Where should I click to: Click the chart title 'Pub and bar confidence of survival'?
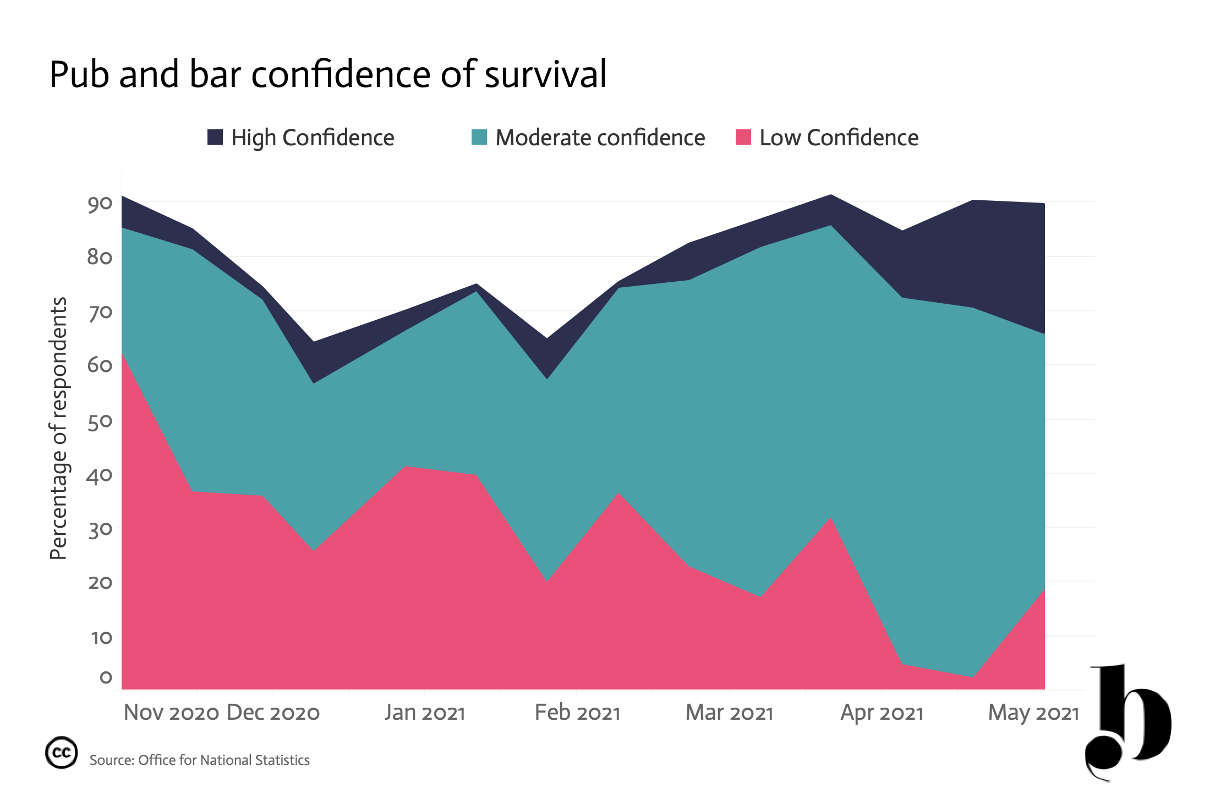[x=328, y=74]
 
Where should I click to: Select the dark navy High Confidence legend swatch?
[x=215, y=137]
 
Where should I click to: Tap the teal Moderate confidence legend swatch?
[x=479, y=137]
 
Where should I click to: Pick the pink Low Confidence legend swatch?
[x=743, y=137]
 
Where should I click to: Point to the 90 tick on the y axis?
[x=100, y=204]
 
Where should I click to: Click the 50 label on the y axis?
[x=100, y=422]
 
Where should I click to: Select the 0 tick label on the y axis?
[x=106, y=677]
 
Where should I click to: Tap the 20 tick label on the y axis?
[x=100, y=582]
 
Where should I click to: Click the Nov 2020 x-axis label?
[x=172, y=713]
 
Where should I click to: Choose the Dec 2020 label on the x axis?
[x=273, y=713]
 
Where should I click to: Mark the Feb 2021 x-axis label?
[x=577, y=713]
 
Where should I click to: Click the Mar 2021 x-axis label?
[x=730, y=713]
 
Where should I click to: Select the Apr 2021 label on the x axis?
[x=882, y=713]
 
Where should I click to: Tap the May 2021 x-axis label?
[x=1034, y=713]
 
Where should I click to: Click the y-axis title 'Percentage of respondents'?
[x=58, y=429]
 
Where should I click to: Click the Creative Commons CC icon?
[x=61, y=752]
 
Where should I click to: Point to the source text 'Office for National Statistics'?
[x=224, y=760]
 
